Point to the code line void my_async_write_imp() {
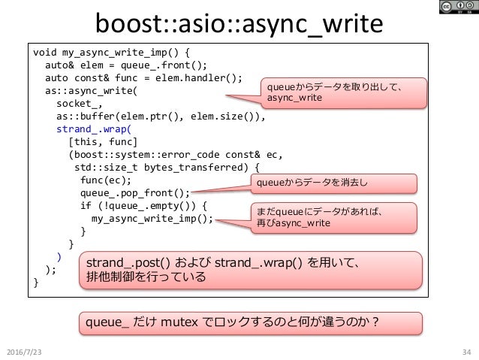pos(112,54)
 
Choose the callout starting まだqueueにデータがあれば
pos(334,218)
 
